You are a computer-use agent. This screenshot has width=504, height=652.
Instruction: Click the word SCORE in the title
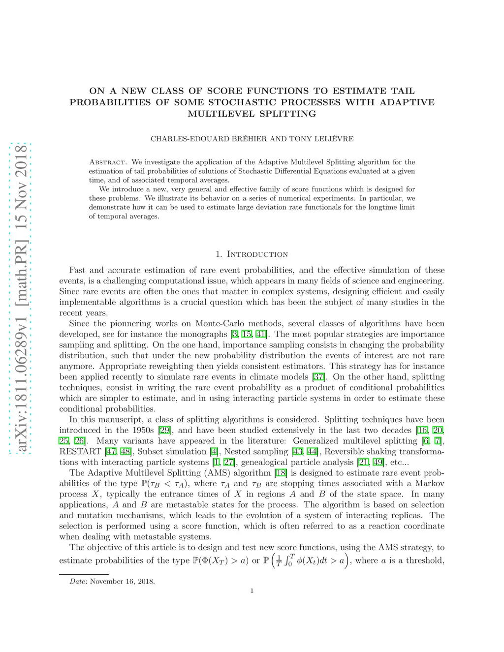pos(224,91)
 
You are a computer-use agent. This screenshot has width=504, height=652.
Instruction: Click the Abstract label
pos(108,162)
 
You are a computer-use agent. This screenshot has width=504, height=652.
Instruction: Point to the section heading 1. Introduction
pos(252,254)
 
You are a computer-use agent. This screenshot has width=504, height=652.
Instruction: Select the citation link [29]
pos(165,430)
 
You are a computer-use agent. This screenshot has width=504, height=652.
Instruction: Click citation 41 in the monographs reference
pos(260,334)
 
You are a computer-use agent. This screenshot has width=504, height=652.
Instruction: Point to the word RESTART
pos(80,452)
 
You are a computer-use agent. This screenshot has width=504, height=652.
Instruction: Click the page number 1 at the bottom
pos(252,591)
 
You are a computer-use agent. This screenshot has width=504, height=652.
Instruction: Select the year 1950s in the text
pos(143,430)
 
